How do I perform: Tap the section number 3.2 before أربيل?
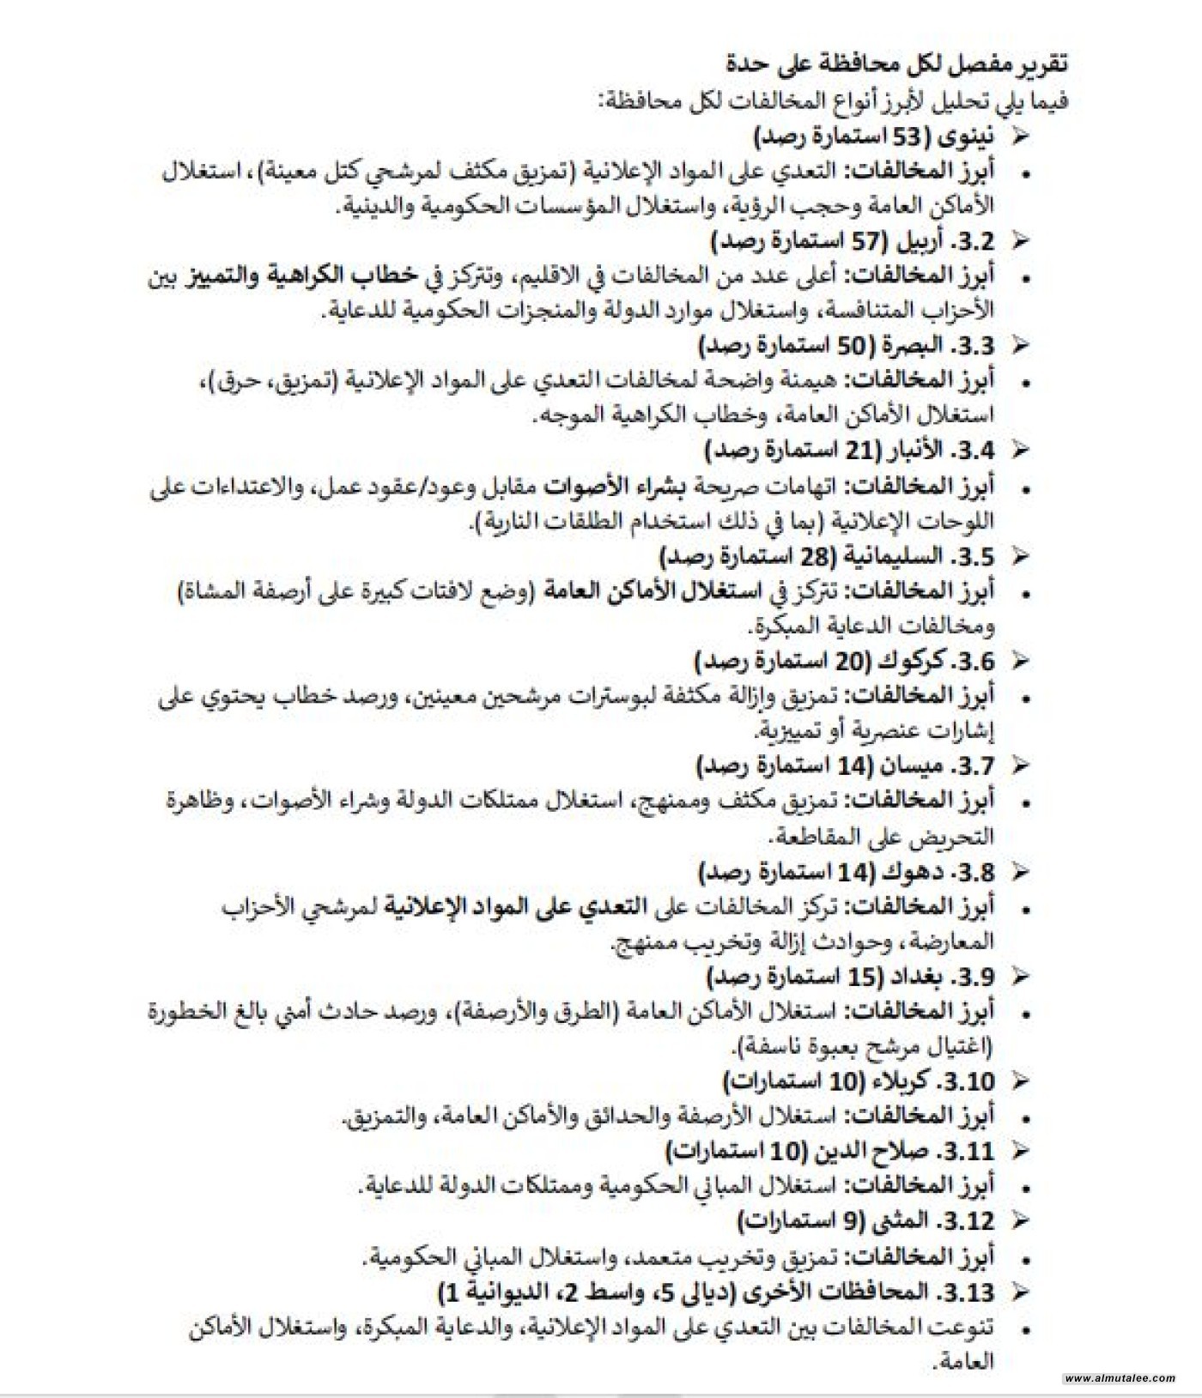coord(973,241)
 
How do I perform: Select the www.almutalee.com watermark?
coord(1120,1378)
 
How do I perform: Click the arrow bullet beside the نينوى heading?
coord(1020,136)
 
